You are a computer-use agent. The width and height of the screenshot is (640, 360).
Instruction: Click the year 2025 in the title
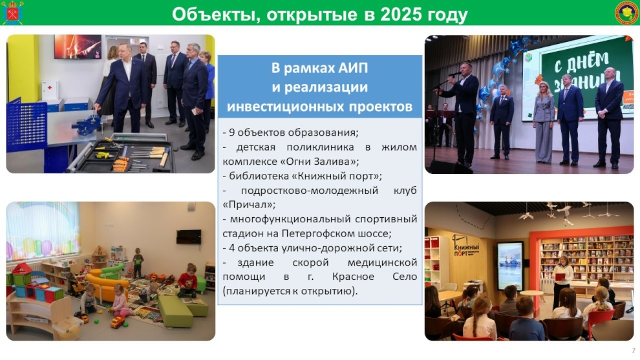click(x=401, y=15)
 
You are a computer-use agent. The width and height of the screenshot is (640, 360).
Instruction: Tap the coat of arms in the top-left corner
click(x=13, y=13)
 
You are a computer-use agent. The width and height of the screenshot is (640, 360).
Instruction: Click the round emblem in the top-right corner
click(x=627, y=13)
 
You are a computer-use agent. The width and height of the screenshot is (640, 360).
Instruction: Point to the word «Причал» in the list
click(x=249, y=204)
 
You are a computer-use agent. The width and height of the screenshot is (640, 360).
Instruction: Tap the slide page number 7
click(x=634, y=350)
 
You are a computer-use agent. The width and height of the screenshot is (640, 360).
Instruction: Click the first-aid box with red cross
click(x=50, y=90)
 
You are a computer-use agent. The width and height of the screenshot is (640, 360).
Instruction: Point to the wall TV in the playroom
click(x=189, y=237)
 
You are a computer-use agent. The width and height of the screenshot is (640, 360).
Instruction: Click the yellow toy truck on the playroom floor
click(x=118, y=322)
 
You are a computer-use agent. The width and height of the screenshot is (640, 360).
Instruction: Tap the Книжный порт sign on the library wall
click(x=465, y=246)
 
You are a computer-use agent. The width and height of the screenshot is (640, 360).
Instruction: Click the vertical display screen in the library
click(x=509, y=266)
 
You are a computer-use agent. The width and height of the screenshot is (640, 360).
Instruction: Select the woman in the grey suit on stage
click(x=544, y=122)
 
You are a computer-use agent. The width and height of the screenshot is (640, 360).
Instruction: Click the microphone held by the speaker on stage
click(x=454, y=74)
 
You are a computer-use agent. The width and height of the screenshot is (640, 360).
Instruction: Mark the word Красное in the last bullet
click(x=353, y=277)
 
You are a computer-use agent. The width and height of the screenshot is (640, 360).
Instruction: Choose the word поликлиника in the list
click(x=320, y=147)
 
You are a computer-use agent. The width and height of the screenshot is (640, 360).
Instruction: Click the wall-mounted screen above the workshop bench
click(x=78, y=46)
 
